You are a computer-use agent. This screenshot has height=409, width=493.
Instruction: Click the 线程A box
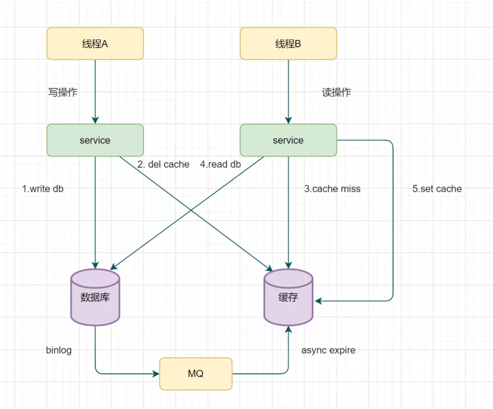(95, 43)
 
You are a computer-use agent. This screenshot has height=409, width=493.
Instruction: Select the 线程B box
(288, 43)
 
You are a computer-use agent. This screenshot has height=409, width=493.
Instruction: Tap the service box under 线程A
(95, 140)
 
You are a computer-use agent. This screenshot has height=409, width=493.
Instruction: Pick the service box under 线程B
(288, 140)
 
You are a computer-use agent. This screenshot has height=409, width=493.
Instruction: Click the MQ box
(195, 373)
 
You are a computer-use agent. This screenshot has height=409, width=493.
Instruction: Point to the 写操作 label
(63, 92)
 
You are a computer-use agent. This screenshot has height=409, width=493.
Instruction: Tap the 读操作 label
(336, 92)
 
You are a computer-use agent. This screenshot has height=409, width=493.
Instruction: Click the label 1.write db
(43, 189)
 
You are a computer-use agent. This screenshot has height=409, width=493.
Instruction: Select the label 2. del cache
(163, 165)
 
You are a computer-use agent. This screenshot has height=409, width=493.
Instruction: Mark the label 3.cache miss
(332, 189)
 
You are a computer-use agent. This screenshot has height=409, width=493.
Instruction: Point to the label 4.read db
(220, 165)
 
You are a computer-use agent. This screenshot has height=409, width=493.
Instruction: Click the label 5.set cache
(437, 189)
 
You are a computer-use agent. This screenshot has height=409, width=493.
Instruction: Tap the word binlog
(59, 351)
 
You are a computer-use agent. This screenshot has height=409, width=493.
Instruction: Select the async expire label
(328, 351)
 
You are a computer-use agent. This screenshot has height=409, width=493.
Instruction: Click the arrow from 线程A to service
(95, 91)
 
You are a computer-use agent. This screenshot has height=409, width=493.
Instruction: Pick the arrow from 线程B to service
(288, 91)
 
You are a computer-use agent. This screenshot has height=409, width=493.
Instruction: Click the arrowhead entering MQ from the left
(156, 373)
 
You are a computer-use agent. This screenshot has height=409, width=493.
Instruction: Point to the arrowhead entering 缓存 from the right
(318, 301)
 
